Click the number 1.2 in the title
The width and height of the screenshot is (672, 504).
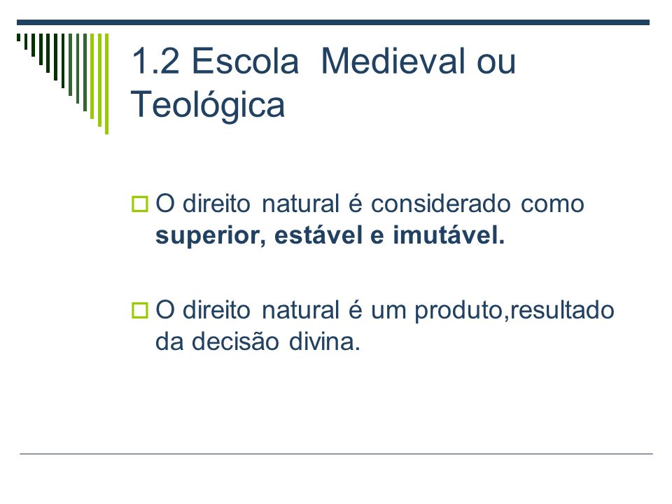coord(155,62)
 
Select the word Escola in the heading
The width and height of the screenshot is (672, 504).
coord(245,61)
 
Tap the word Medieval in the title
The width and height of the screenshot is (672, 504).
coord(393,61)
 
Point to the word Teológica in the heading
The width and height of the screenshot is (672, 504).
coord(207,105)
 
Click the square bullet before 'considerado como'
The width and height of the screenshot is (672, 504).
coord(140,204)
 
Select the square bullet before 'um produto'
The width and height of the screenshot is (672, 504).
coord(140,311)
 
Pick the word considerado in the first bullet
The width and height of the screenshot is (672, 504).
coord(440,204)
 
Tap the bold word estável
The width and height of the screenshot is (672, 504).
coord(318,235)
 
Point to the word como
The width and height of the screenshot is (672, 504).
coord(552,206)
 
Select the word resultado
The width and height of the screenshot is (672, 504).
coord(562,310)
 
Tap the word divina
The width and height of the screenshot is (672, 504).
coord(324,342)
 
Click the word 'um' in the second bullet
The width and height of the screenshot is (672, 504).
coord(388,312)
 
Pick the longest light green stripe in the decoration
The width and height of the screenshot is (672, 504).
coord(106,84)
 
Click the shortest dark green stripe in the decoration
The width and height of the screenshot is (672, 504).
coord(18,37)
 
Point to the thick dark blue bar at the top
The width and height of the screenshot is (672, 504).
coord(333,22)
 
